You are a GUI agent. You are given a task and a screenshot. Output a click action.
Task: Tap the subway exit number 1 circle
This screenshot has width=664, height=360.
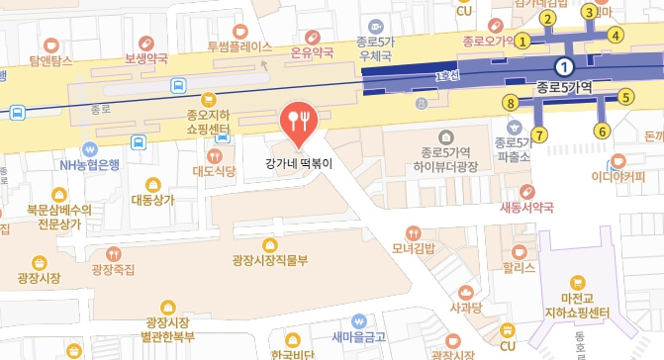point(523,42)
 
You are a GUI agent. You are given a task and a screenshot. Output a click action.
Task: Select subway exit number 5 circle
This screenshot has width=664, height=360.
point(625,97)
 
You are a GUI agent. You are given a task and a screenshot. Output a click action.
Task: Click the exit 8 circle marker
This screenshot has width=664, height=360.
point(511,102)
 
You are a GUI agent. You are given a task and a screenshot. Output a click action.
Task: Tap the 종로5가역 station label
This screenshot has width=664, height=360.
point(563,87)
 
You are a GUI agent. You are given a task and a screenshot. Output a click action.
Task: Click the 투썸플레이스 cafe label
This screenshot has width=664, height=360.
point(239,46)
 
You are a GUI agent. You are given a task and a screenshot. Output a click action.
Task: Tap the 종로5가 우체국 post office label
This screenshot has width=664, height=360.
point(376,49)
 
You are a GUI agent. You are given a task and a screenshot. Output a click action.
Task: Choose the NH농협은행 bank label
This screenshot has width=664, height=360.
point(89,165)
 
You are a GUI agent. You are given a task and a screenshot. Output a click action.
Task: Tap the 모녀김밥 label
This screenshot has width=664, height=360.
point(413,247)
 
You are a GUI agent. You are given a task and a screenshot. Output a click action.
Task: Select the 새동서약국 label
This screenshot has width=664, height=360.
point(527,207)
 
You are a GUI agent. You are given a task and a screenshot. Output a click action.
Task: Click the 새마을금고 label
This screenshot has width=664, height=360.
point(357,336)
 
